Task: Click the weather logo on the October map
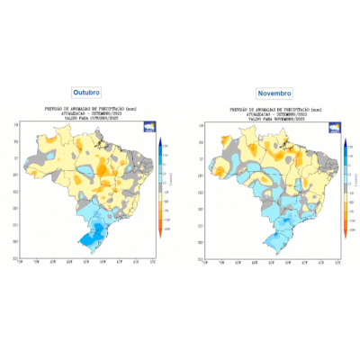[x=148, y=129]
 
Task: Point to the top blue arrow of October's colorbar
[x=159, y=139]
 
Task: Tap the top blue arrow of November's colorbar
[x=344, y=139]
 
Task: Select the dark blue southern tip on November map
[x=272, y=239]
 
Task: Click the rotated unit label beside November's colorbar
[x=353, y=180]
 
